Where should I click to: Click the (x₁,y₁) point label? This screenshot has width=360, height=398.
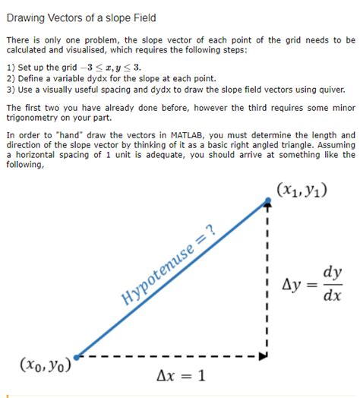(x=302, y=189)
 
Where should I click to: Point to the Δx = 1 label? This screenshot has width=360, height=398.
(x=181, y=374)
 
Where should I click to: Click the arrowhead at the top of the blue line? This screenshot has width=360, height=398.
(x=267, y=202)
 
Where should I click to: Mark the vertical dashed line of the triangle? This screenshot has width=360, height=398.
(x=267, y=281)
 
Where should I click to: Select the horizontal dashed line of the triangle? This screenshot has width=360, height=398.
(x=171, y=355)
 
